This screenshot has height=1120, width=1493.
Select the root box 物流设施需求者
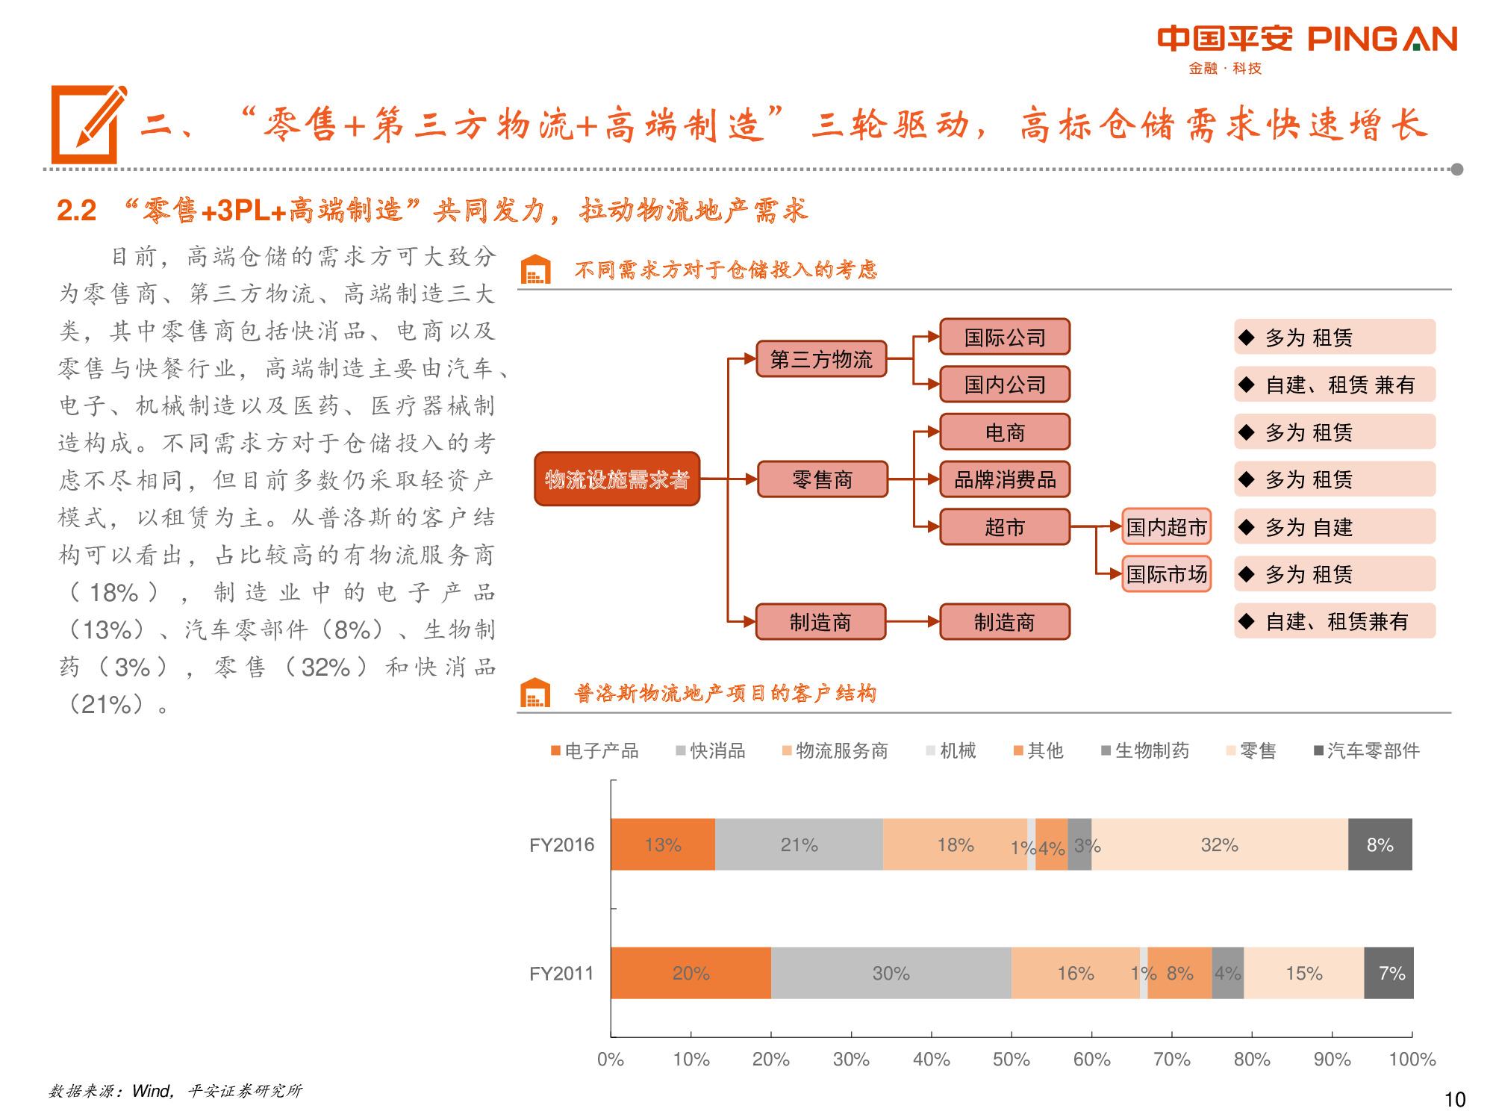coord(617,479)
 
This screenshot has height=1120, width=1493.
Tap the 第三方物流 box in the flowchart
coord(821,359)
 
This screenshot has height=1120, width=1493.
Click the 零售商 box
coord(822,479)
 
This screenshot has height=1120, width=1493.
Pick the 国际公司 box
coord(1004,337)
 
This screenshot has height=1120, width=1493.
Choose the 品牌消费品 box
coord(1004,479)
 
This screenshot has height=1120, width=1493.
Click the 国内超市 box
coord(1166,527)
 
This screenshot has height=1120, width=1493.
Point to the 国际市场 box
coord(1166,574)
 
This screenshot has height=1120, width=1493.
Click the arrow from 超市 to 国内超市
coord(1096,527)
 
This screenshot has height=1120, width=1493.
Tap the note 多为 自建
coord(1335,527)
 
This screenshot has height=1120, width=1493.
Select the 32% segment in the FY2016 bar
coord(1219,844)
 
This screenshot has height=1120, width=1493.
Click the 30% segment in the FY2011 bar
coord(891,973)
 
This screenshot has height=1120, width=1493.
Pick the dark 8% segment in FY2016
coord(1380,844)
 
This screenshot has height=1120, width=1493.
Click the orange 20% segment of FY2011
coord(691,973)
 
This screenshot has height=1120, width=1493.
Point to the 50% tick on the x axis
coord(1012,1059)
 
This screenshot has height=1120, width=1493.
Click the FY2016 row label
coord(561,844)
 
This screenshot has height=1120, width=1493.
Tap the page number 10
coord(1455,1099)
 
